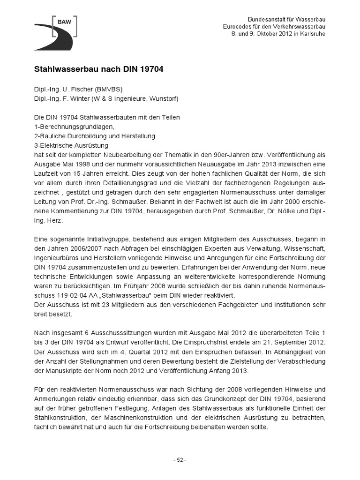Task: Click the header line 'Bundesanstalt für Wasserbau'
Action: [x=287, y=19]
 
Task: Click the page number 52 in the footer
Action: [x=180, y=460]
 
